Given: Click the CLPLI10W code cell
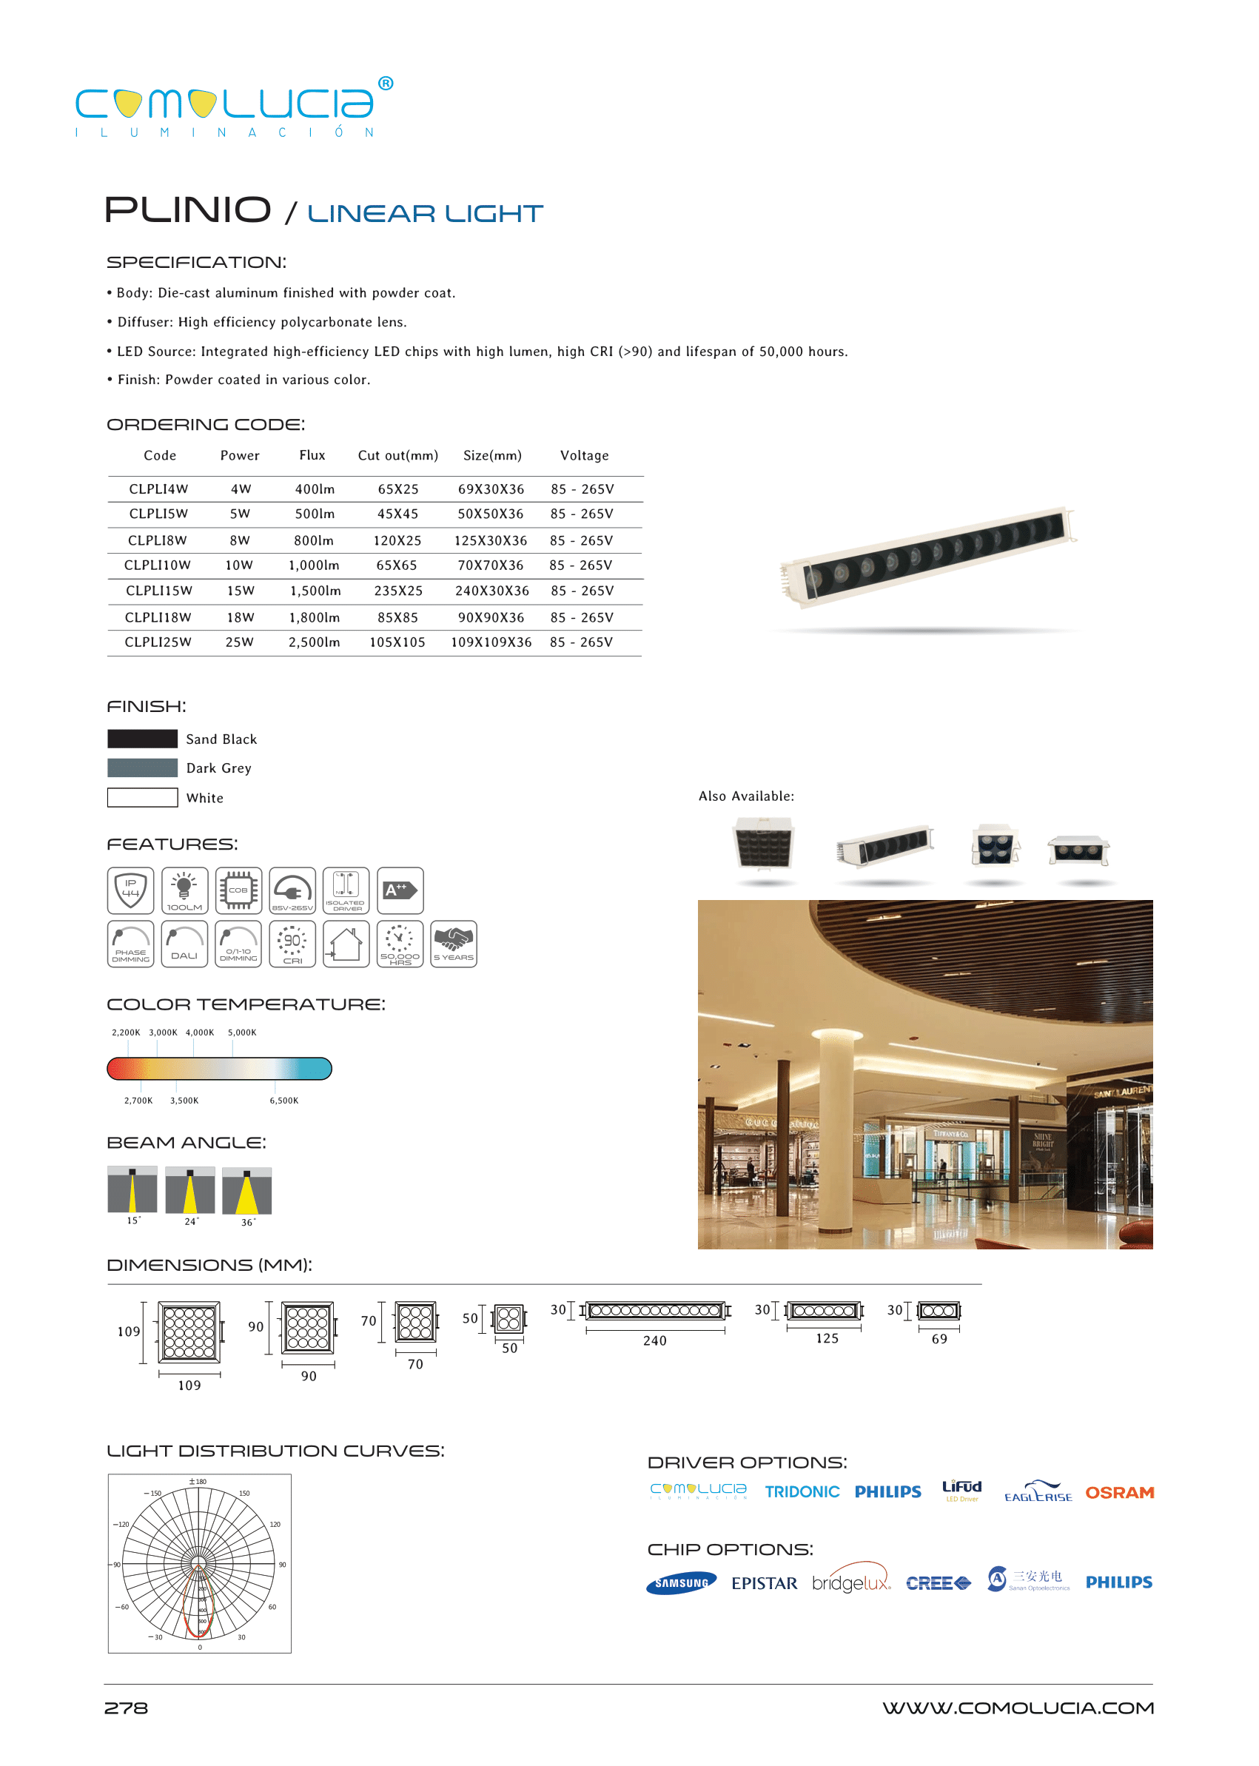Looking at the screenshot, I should click(x=158, y=565).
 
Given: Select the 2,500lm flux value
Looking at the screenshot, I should click(x=314, y=642).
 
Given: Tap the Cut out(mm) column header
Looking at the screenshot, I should click(x=397, y=455).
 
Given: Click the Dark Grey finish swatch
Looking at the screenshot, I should click(x=143, y=768).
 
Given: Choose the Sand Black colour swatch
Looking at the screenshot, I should click(x=143, y=738).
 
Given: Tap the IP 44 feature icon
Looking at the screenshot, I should click(x=130, y=890).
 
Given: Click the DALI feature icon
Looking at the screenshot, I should click(x=184, y=944).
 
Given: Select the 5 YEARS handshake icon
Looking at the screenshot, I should click(x=454, y=944).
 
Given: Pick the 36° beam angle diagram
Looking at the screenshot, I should click(x=246, y=1191).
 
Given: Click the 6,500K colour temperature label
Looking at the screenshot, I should click(x=283, y=1101).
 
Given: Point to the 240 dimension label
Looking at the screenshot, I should click(x=654, y=1340).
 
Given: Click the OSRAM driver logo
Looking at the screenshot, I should click(x=1118, y=1492).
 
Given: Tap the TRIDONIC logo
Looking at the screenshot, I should click(x=802, y=1491).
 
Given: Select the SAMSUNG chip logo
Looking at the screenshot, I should click(x=681, y=1583).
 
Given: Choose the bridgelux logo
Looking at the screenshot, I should click(x=850, y=1582).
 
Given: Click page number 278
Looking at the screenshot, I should click(x=126, y=1708).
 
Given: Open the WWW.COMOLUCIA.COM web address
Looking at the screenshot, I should click(x=1017, y=1708).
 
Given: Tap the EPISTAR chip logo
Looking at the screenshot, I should click(x=764, y=1583).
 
